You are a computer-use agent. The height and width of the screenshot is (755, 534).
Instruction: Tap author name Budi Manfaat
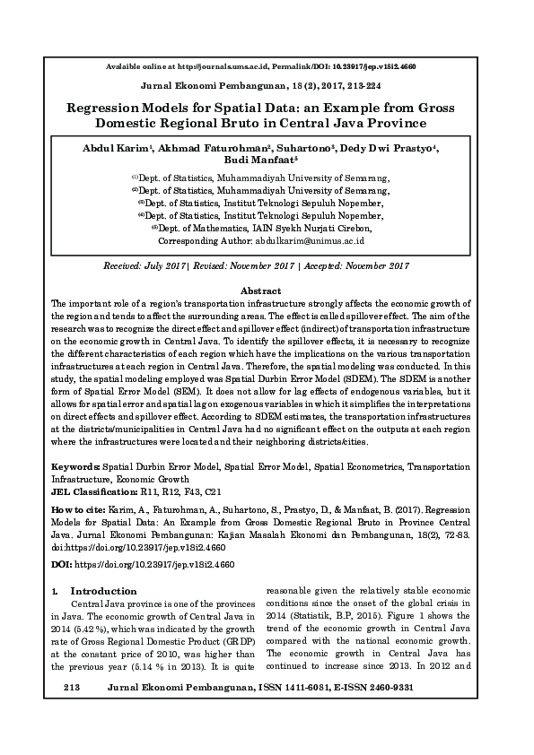[x=266, y=162]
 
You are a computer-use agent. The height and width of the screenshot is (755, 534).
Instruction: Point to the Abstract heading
[x=261, y=291]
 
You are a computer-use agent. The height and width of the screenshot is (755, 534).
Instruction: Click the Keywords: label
[x=77, y=467]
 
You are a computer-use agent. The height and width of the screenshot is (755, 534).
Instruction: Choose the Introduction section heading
[x=103, y=592]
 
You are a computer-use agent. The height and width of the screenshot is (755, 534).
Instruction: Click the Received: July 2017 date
[x=144, y=266]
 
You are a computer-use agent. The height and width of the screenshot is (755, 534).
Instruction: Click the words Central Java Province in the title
[x=357, y=123]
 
